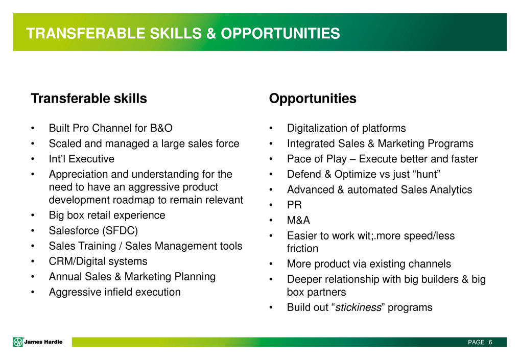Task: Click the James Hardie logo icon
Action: (x=18, y=342)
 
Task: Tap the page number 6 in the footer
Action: (x=490, y=342)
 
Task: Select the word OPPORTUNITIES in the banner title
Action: (x=280, y=34)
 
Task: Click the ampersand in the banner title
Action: (x=211, y=34)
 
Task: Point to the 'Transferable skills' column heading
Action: (x=89, y=99)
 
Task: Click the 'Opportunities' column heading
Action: (x=313, y=99)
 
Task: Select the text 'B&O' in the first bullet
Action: (x=161, y=128)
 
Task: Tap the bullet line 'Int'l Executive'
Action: (x=82, y=159)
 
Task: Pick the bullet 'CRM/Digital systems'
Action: (x=98, y=261)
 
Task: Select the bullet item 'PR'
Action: (x=295, y=205)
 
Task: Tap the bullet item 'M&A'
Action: (x=298, y=220)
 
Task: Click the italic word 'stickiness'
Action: (x=358, y=307)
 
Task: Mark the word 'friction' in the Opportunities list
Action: (x=302, y=248)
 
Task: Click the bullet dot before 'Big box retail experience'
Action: (x=33, y=215)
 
